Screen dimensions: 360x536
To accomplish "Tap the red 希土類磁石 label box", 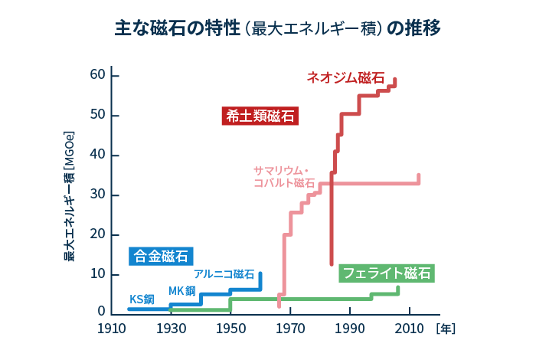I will point(260,116).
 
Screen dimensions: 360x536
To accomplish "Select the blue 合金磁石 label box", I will point(160,256).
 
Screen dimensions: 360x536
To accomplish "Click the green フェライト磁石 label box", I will point(387,273).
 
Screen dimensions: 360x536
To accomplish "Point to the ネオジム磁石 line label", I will point(345,77).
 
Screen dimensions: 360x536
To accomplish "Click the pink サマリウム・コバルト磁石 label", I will point(283,177).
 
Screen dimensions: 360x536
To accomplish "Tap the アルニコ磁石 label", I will point(224,273).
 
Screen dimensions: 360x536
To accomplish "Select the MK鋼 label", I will point(182,290).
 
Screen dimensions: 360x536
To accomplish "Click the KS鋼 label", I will point(142,299).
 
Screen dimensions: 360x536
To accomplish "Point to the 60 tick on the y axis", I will point(96,75).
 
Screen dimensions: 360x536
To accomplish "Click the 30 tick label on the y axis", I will point(96,195).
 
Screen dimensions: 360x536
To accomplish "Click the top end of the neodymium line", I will point(394,80).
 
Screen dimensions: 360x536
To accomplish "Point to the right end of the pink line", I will point(418,176).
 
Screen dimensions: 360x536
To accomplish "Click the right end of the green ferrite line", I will point(397,289).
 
